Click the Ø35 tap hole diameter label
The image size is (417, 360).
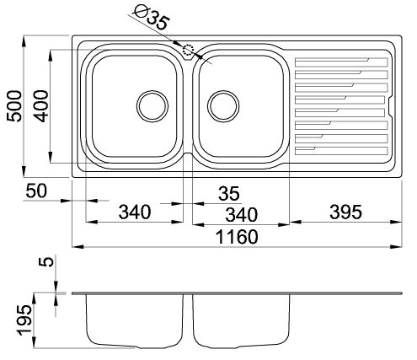click(152, 18)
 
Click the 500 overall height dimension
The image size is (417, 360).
click(14, 106)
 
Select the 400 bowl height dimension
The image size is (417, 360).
click(41, 106)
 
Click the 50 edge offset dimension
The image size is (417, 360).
click(36, 191)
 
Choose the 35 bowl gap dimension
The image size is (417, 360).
click(229, 193)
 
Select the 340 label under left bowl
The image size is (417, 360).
click(135, 212)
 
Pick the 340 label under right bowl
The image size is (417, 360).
click(241, 215)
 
